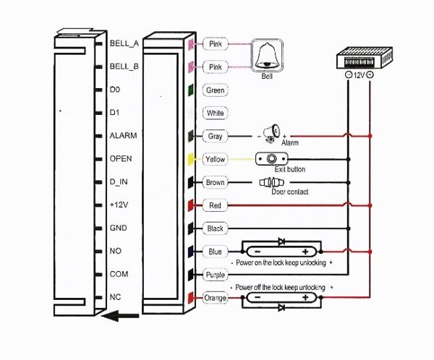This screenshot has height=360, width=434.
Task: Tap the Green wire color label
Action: click(216, 90)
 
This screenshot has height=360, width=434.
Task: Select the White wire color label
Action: click(216, 113)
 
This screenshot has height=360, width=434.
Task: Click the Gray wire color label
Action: click(216, 136)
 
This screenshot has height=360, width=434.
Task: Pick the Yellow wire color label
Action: click(216, 159)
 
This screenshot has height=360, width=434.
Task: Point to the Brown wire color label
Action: click(216, 182)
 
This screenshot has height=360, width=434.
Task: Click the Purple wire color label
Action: click(216, 275)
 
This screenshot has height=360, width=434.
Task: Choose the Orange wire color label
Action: click(216, 298)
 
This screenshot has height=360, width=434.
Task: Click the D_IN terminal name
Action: click(120, 181)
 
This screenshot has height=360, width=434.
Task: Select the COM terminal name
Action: click(119, 274)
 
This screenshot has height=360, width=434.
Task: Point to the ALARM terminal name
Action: click(122, 135)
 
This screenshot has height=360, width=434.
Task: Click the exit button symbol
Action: click(271, 159)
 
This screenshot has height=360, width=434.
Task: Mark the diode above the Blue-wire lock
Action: click(281, 241)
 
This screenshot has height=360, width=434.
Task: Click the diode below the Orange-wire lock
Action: click(281, 307)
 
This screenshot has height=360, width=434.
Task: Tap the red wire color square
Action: click(190, 205)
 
